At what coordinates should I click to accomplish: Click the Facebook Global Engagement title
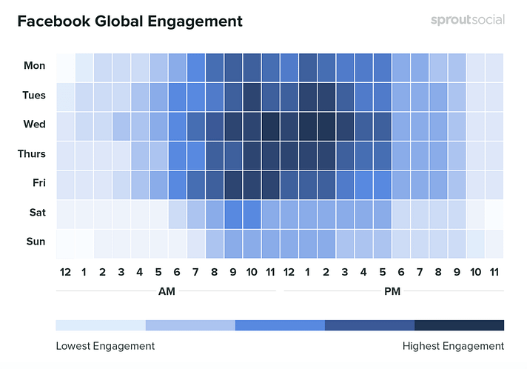coord(130,21)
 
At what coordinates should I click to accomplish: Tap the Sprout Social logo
coord(467,20)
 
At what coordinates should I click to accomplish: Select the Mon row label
coord(35,66)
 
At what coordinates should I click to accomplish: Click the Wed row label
coord(35,124)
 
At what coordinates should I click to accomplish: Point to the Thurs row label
coord(32,154)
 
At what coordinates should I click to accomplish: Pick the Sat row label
coord(36,213)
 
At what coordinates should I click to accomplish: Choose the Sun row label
coord(36,242)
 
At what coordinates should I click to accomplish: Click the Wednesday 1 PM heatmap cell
coord(308,124)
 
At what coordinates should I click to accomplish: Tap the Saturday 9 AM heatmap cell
coord(233,213)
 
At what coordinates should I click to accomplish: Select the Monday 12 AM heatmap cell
coord(65,66)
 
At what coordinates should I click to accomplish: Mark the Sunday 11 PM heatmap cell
coord(494,242)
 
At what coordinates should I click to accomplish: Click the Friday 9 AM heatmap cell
coord(233,183)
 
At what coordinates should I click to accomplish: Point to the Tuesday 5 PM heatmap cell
coord(383,96)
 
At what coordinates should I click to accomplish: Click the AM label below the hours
coord(167,292)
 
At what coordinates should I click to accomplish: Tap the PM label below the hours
coord(392,292)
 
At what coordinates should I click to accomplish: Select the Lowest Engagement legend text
coord(105,346)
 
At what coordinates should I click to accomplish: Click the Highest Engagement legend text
coord(453,346)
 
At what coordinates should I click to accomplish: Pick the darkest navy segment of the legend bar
coord(459,325)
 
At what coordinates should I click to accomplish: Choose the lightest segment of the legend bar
coord(101,325)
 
